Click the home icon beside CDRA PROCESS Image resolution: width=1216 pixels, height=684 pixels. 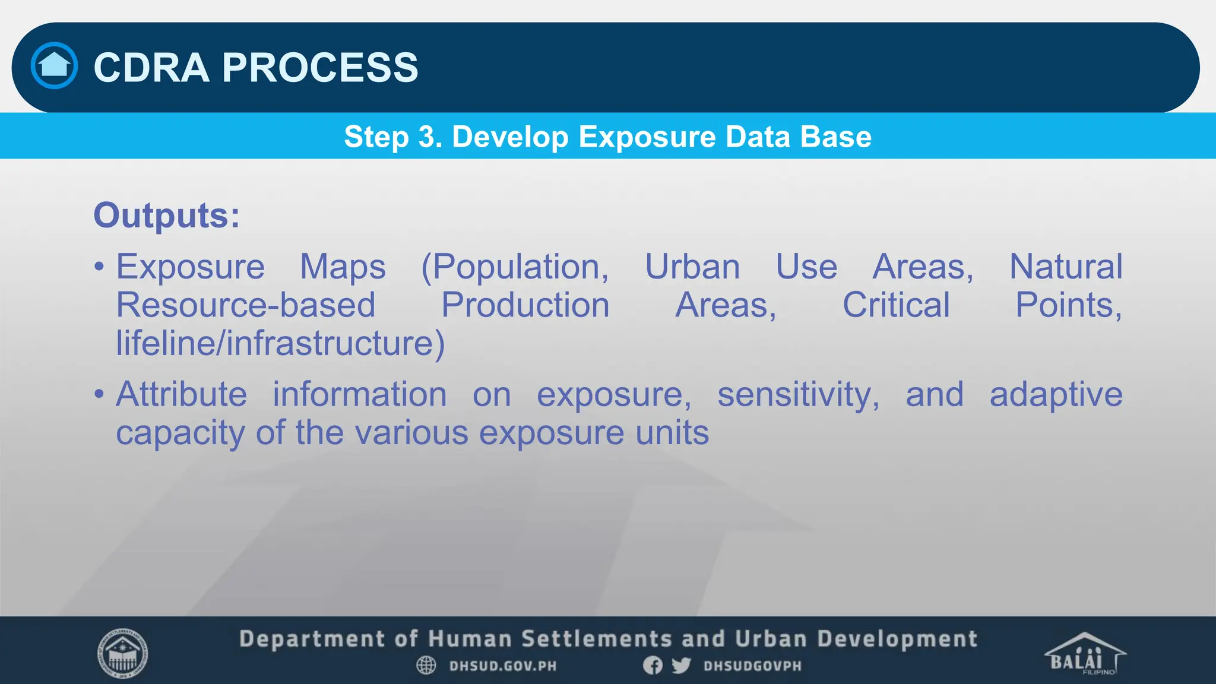54,65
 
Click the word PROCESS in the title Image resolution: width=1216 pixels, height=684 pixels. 320,67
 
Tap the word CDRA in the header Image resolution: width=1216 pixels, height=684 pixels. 151,67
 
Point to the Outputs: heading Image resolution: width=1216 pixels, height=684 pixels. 167,215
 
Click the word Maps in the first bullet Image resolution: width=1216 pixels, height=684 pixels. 343,267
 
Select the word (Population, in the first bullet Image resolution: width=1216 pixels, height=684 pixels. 515,267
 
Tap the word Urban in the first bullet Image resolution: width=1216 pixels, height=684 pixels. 692,267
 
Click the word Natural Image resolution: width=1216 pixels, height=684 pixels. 1066,267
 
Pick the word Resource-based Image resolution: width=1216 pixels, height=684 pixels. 245,305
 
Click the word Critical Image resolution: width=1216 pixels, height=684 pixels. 896,305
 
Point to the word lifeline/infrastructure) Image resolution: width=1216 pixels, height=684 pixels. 280,343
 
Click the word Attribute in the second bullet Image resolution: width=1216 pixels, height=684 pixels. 181,394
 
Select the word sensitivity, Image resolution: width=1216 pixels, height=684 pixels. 798,394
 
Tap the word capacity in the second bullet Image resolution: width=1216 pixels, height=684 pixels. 180,433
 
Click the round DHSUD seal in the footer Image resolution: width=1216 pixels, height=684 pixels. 122,653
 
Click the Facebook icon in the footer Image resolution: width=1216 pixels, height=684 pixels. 653,666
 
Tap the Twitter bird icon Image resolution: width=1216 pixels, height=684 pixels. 681,666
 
